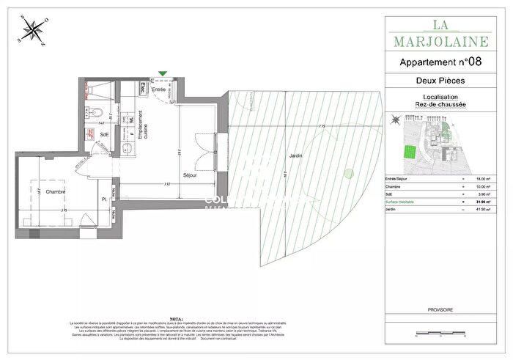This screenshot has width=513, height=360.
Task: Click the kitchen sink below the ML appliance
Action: click(128, 150)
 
